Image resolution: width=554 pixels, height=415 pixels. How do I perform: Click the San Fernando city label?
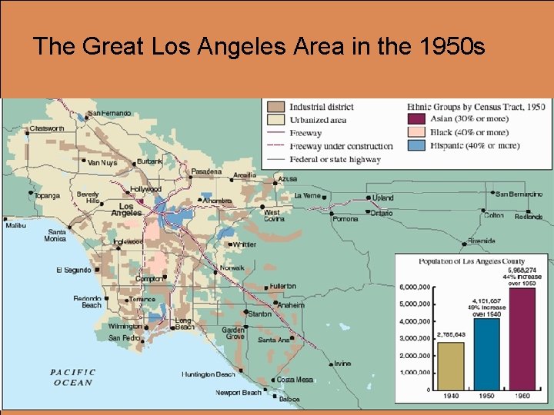pos(109,114)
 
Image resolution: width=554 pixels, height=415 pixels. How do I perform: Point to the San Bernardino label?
pos(519,194)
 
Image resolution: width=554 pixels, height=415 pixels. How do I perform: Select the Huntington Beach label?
pos(209,374)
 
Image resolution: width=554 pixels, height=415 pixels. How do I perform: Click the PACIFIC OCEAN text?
pos(73,377)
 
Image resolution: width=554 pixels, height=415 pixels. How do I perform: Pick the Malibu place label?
pos(15,225)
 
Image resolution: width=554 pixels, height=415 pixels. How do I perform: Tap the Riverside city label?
pos(481,241)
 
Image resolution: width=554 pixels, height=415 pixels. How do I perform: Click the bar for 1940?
pos(450,366)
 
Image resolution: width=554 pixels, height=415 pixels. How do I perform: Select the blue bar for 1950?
pos(486,354)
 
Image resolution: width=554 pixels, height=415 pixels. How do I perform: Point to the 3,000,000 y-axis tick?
pos(415,338)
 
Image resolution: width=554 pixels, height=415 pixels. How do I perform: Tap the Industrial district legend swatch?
pos(276,107)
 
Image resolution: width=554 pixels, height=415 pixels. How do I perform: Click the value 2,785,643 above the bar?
pos(451,335)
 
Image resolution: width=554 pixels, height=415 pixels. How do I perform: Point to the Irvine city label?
pos(342,363)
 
